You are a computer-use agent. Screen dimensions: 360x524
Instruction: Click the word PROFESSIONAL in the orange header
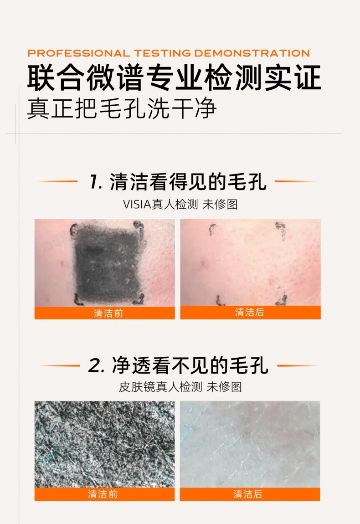(x=78, y=53)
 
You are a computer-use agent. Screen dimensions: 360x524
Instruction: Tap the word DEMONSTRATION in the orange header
(x=252, y=53)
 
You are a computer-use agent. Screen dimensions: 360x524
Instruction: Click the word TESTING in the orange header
(x=162, y=53)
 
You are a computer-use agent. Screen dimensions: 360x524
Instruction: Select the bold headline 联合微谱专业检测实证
(x=174, y=77)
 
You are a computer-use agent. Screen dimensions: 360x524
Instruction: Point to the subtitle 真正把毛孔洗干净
(x=122, y=108)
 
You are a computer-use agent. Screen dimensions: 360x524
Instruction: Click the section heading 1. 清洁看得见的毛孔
(x=177, y=182)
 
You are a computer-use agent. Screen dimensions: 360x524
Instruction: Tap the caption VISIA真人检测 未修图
(x=180, y=204)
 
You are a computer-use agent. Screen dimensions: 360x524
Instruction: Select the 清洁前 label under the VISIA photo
(x=108, y=313)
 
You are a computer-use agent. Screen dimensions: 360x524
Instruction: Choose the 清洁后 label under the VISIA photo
(x=250, y=312)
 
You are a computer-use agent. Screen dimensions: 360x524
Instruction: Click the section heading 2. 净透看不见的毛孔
(x=178, y=365)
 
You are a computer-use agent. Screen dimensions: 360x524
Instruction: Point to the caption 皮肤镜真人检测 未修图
(x=180, y=387)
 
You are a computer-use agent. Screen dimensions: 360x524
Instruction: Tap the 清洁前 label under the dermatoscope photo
(x=103, y=494)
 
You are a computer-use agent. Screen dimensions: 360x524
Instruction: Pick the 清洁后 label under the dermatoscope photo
(x=248, y=494)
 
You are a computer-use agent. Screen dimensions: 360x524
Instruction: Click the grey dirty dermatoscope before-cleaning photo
(x=105, y=444)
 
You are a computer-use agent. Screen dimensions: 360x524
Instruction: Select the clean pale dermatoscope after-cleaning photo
(x=250, y=444)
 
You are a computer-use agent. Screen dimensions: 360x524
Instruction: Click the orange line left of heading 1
(x=58, y=181)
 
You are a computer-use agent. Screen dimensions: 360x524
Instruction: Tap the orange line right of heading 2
(x=297, y=365)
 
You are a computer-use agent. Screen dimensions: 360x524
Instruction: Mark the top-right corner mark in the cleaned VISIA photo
(x=281, y=231)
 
